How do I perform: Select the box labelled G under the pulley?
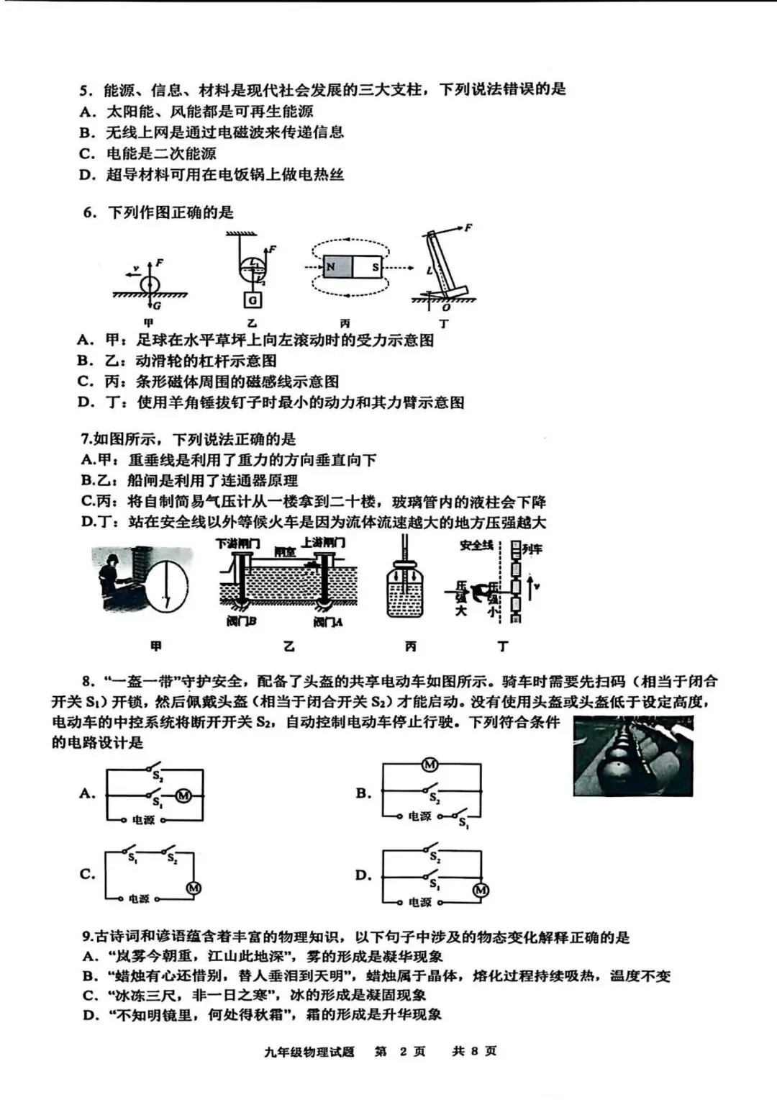click(x=253, y=300)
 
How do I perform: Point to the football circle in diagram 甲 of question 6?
click(x=150, y=284)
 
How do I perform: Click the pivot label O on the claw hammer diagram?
click(x=447, y=307)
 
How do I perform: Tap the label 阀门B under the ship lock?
click(x=241, y=621)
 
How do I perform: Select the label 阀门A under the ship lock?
click(x=327, y=621)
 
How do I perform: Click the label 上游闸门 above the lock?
click(x=323, y=542)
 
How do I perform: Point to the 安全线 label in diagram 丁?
click(x=476, y=545)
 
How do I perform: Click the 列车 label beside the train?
click(x=532, y=549)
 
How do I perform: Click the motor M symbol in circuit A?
click(x=183, y=795)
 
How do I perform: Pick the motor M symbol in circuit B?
click(x=430, y=765)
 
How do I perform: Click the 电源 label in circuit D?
click(x=419, y=902)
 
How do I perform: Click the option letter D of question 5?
click(x=87, y=174)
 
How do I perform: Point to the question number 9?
click(x=87, y=937)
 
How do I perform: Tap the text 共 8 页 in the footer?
click(x=474, y=1051)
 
